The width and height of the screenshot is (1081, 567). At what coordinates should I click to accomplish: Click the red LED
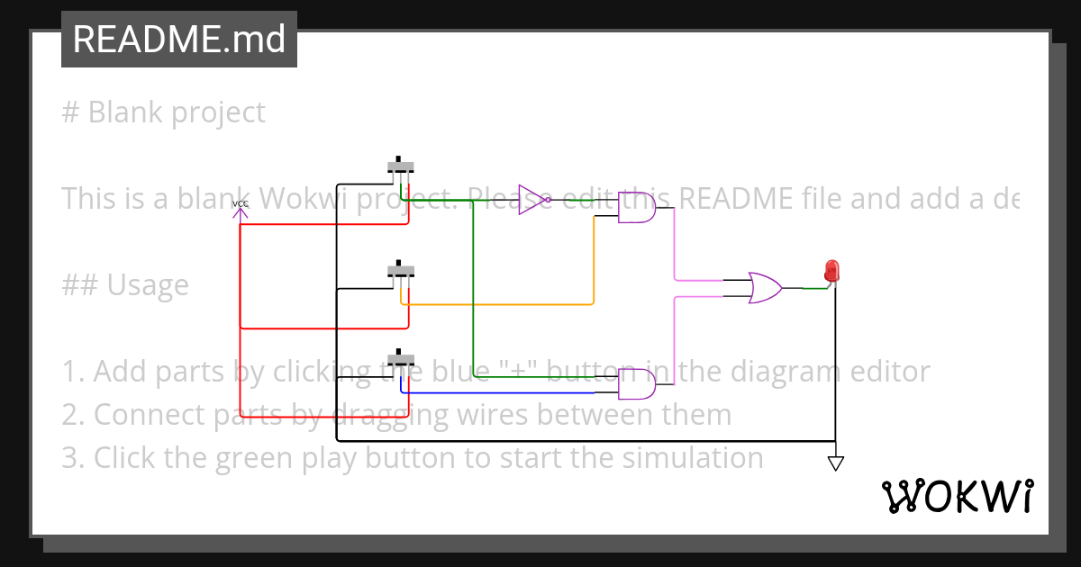coord(831,270)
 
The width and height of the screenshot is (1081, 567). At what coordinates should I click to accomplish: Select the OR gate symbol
coord(765,288)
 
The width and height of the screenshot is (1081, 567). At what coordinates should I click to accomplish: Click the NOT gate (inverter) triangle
coord(531,200)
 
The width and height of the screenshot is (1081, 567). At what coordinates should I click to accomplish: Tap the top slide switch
coord(401,166)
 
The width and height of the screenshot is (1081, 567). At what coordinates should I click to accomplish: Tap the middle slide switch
coord(401,271)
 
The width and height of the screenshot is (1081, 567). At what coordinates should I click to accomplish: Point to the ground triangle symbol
coord(835,463)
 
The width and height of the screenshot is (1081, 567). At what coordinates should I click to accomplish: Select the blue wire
coord(504,392)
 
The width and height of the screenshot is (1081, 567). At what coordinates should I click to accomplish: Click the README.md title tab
coord(178,40)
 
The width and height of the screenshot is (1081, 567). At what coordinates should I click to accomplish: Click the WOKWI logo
coord(957,496)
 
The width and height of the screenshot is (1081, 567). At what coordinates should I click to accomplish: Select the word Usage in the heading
coord(148,285)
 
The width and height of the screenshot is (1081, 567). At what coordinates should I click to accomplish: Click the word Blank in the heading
coord(126,112)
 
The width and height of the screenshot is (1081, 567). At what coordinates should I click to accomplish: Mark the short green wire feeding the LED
coord(814,288)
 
